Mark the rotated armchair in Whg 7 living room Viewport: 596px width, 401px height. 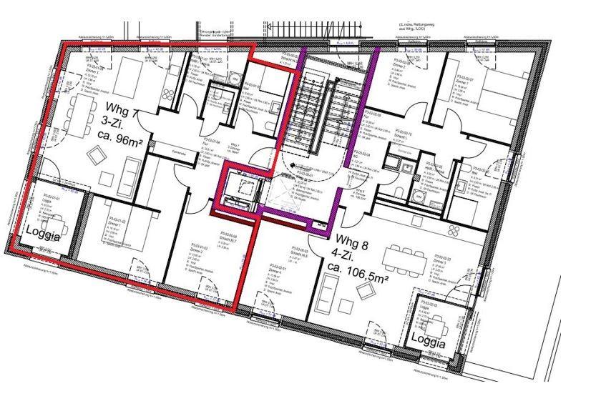point(97,154)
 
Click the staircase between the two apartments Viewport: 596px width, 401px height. point(313,107)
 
